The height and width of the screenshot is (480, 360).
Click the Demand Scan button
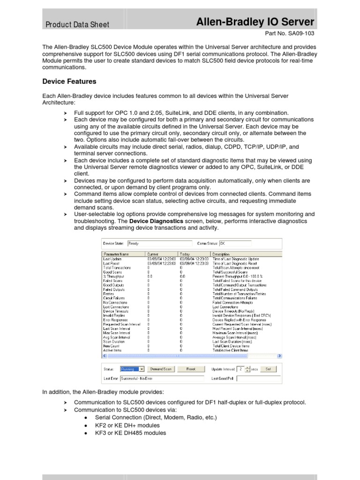[x=161, y=369]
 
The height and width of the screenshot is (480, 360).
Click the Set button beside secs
[x=268, y=369]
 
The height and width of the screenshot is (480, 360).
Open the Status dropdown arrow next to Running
[x=142, y=369]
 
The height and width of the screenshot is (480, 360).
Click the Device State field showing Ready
[x=159, y=243]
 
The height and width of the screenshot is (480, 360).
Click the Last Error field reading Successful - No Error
[x=162, y=378]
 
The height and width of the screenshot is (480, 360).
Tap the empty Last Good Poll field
[x=257, y=378]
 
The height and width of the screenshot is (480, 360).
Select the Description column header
[x=221, y=255]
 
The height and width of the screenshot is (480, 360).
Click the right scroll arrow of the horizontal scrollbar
[x=280, y=356]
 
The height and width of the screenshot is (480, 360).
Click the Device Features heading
[x=69, y=82]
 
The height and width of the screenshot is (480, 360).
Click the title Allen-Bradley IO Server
[x=255, y=22]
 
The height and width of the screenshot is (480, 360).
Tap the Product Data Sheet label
[x=77, y=24]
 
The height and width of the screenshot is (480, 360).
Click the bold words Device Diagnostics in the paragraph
[x=157, y=221]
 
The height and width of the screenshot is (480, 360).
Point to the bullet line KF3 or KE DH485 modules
[x=130, y=433]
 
